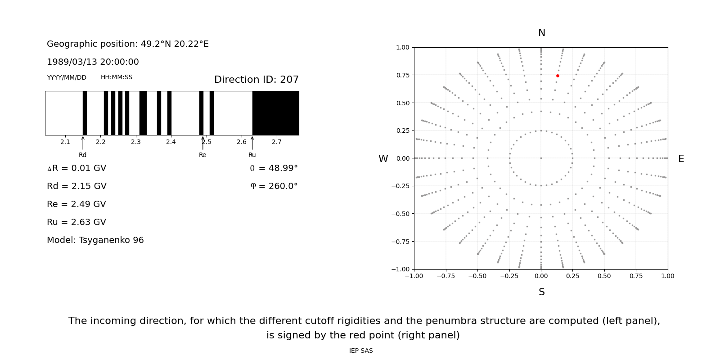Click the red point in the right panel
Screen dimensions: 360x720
click(x=558, y=76)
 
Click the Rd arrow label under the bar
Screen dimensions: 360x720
click(x=83, y=155)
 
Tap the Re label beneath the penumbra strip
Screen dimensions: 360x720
click(x=202, y=155)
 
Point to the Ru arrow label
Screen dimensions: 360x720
click(x=252, y=155)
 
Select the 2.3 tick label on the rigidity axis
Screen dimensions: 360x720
click(x=135, y=142)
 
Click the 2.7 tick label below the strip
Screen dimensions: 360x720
click(x=277, y=142)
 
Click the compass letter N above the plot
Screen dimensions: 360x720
click(x=541, y=33)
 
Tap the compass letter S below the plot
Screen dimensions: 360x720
click(x=541, y=292)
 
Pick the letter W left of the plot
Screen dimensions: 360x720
click(x=383, y=159)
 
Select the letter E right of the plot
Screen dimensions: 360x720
click(x=681, y=159)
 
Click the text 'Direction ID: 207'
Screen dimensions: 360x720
click(x=256, y=80)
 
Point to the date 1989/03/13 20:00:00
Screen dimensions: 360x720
click(x=93, y=62)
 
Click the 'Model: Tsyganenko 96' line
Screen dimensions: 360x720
click(x=95, y=240)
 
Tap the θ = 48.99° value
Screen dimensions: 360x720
click(x=274, y=168)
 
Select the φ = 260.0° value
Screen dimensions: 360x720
click(x=274, y=186)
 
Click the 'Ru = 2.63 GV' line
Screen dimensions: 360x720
click(x=76, y=222)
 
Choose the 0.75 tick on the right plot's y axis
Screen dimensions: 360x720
click(x=402, y=75)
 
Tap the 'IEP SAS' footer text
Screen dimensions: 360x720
click(x=361, y=351)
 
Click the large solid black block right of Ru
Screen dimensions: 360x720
click(x=275, y=113)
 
